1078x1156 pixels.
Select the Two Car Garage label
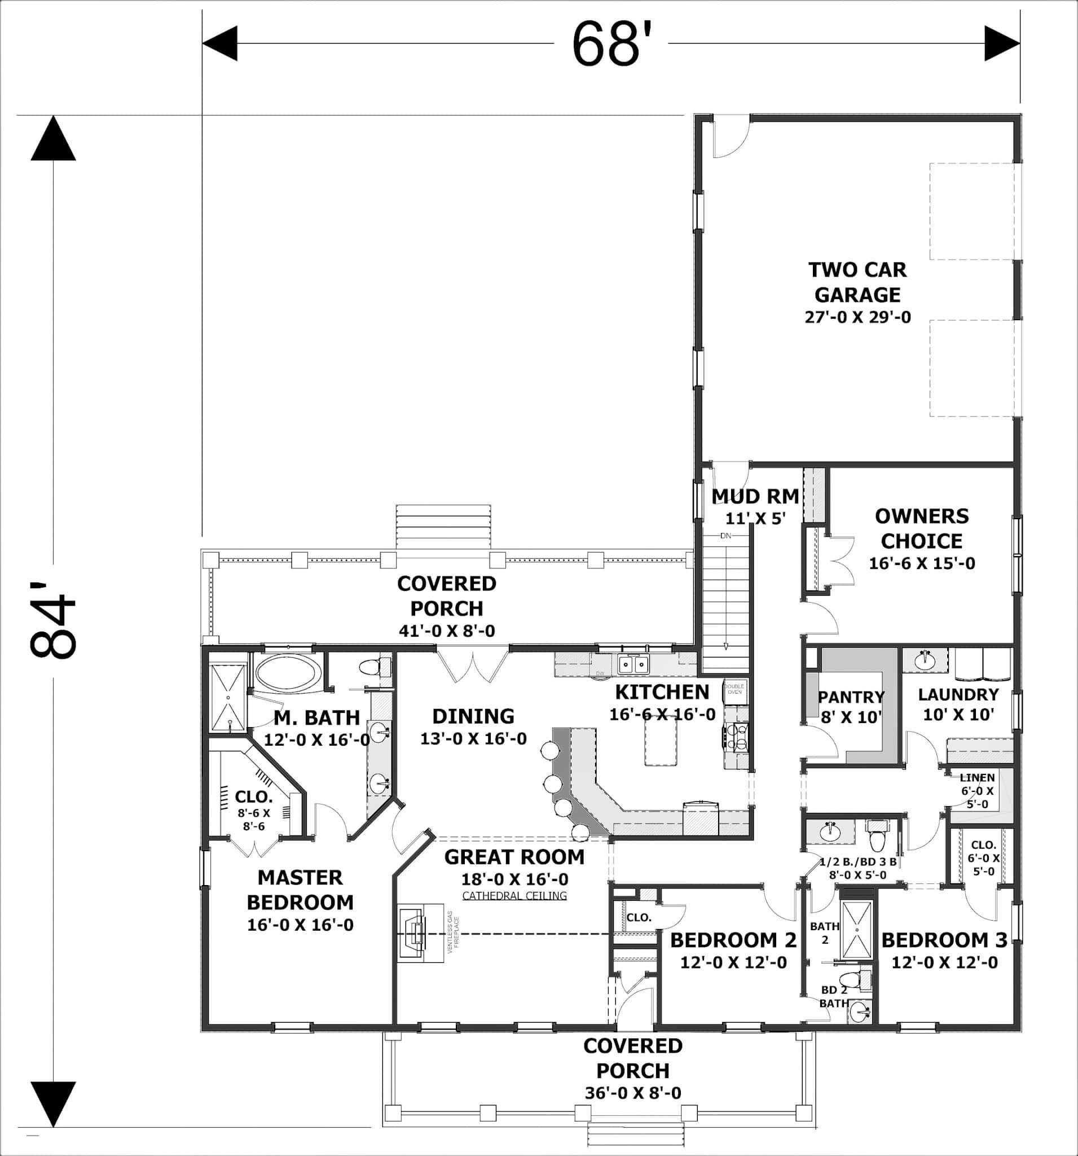point(857,282)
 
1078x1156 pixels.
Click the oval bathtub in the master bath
point(288,673)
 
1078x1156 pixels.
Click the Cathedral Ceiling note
point(514,896)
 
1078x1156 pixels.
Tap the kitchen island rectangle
point(661,741)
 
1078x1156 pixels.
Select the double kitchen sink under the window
point(633,664)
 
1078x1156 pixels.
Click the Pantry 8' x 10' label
point(851,707)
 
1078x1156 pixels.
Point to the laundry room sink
point(925,660)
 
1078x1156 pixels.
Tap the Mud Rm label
point(755,497)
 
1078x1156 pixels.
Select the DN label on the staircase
point(726,536)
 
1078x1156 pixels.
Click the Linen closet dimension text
point(978,797)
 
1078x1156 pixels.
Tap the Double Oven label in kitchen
point(734,689)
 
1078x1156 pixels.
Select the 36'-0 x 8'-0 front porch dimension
point(633,1093)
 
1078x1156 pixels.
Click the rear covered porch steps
point(443,527)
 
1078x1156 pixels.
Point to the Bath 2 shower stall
point(856,930)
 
